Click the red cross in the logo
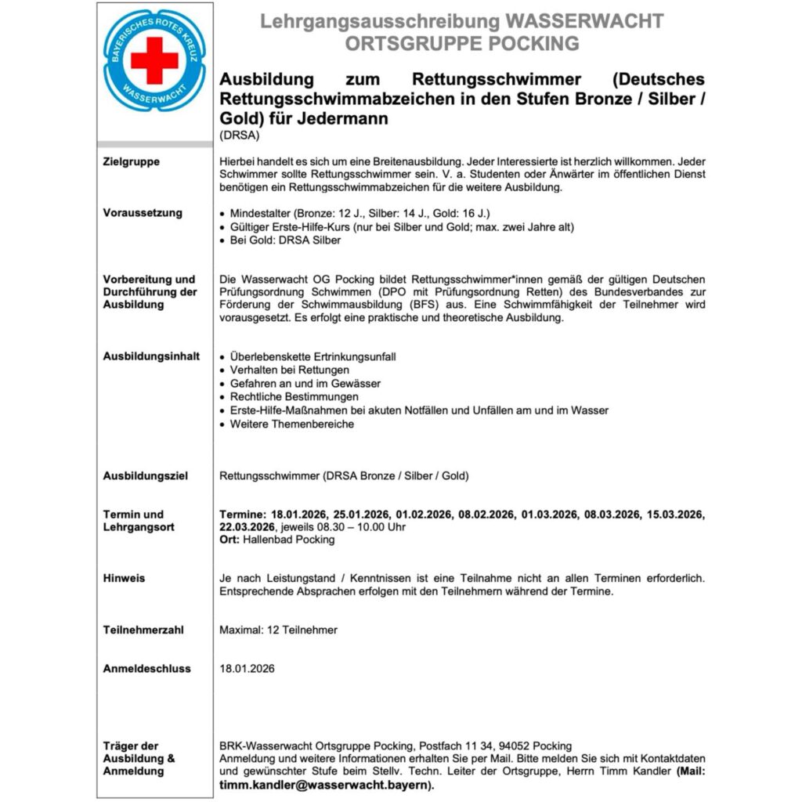[x=154, y=60]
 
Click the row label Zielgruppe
[x=131, y=162]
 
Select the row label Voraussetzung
[x=143, y=213]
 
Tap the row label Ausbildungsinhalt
[x=146, y=356]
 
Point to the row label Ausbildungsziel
[x=146, y=475]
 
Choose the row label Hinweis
[x=124, y=578]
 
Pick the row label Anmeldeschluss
[x=147, y=669]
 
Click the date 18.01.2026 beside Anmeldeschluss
[x=247, y=669]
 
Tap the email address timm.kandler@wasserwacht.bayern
[x=324, y=785]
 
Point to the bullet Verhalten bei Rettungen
[x=289, y=370]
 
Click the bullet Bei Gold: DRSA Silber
[x=285, y=240]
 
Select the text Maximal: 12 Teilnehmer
[x=278, y=629]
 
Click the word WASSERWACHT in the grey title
[x=585, y=21]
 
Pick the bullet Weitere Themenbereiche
[x=291, y=424]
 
